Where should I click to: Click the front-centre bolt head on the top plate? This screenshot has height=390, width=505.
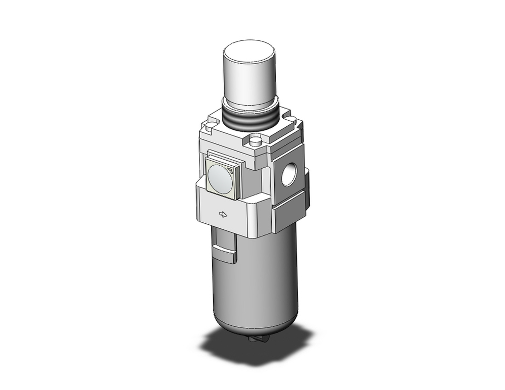[256, 139]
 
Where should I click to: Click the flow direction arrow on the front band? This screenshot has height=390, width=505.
[222, 215]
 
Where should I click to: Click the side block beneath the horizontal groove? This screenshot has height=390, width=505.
[290, 217]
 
